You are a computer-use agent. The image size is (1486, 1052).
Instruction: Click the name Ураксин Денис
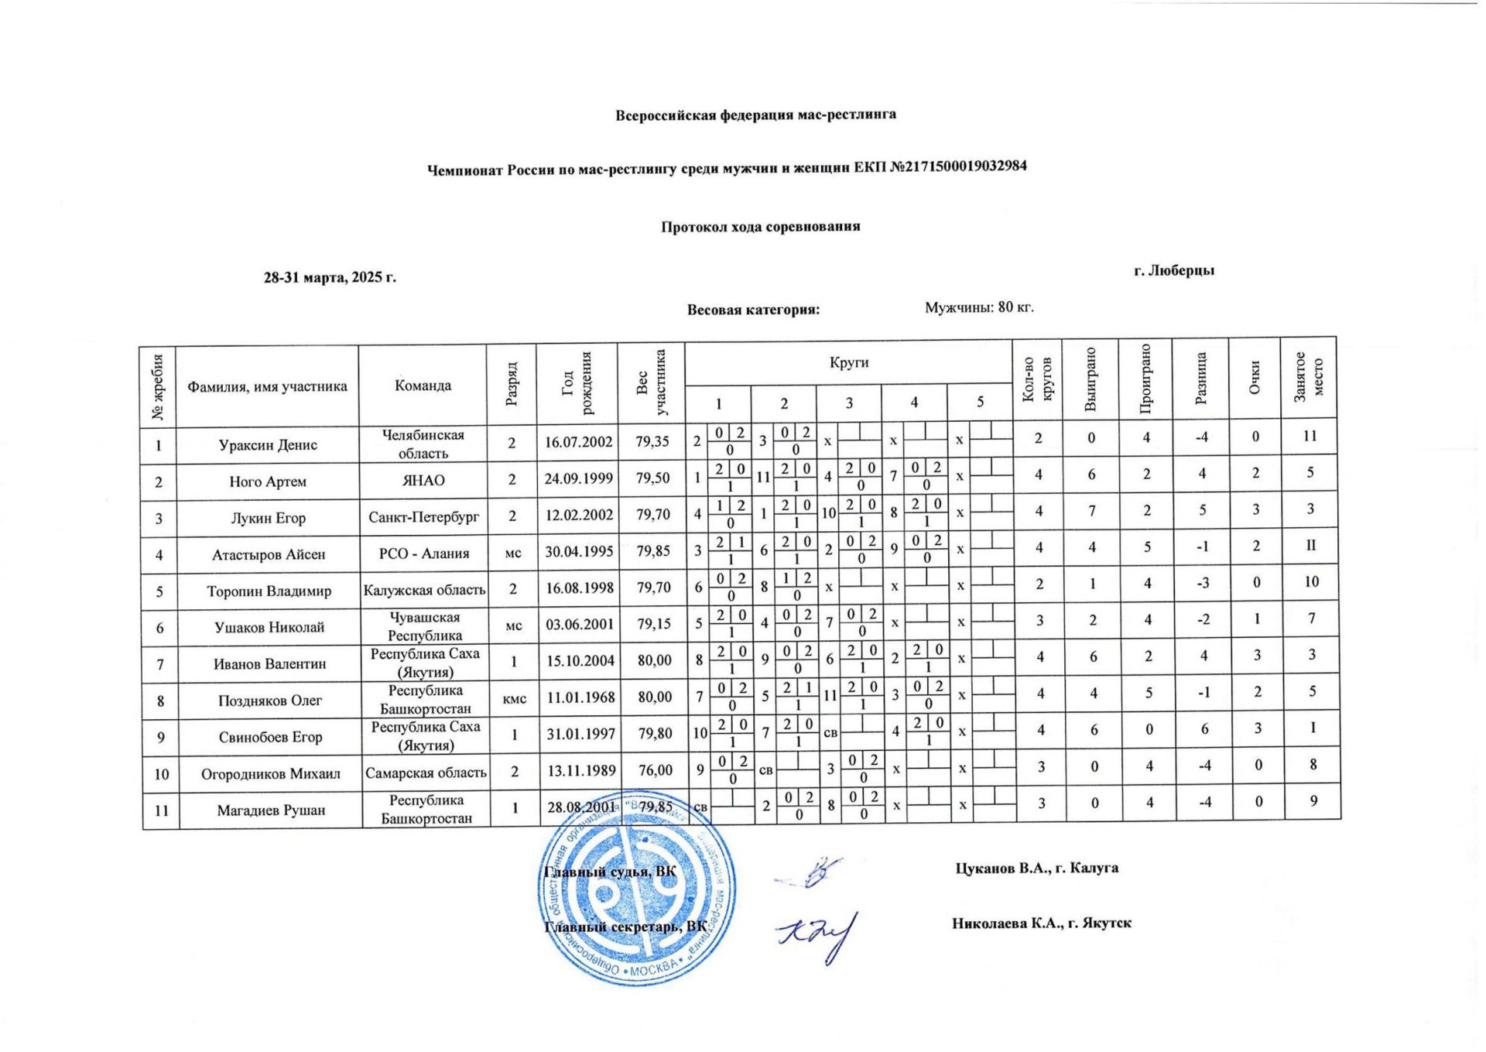coord(268,445)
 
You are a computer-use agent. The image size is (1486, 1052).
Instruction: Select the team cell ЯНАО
coord(423,481)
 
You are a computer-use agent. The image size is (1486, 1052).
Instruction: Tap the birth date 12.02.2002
coord(579,515)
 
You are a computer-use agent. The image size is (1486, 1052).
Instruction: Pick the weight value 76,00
coord(654,770)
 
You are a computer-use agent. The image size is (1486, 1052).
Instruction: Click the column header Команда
coord(423,386)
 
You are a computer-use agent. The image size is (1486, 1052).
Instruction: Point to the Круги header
coord(849,363)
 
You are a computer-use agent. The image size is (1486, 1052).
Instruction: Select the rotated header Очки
coord(1255,378)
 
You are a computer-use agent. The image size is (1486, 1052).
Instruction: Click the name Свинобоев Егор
coord(270,737)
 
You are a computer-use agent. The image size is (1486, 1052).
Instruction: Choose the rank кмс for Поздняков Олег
coord(515,698)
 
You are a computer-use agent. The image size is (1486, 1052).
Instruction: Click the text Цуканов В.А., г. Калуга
coord(1036,868)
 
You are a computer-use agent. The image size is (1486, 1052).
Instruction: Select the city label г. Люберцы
coord(1173,270)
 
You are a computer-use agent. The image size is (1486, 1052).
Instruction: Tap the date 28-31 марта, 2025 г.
coord(330,277)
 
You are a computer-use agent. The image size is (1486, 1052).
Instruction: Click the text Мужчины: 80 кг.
coord(979,307)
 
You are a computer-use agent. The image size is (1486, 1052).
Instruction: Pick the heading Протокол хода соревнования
coord(760,227)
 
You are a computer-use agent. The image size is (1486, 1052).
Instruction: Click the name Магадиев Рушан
coord(271,810)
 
